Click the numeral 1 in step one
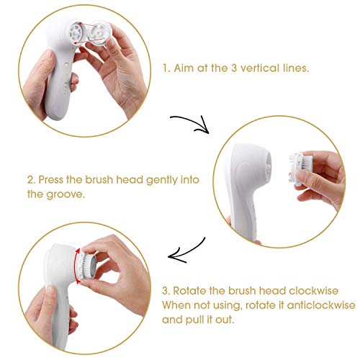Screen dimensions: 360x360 tap(166, 70)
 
